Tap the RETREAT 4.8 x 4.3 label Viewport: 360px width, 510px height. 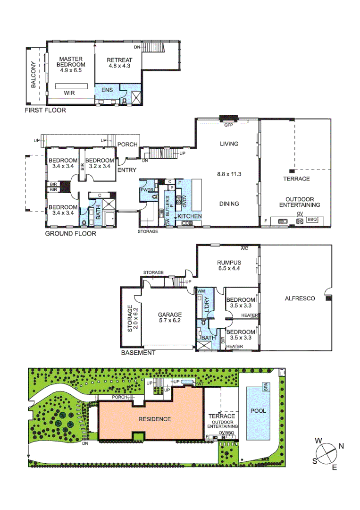[119, 63]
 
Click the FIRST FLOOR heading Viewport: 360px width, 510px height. [45, 110]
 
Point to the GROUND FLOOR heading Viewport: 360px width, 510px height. [70, 233]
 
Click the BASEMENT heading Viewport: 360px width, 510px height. [138, 353]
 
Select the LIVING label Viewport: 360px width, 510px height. [229, 144]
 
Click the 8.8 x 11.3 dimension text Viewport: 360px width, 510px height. [229, 174]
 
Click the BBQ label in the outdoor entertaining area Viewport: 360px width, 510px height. [312, 220]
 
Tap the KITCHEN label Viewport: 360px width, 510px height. [190, 216]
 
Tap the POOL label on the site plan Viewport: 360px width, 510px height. [258, 411]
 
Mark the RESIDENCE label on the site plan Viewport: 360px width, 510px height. [154, 419]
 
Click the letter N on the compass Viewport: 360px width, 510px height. [342, 446]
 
